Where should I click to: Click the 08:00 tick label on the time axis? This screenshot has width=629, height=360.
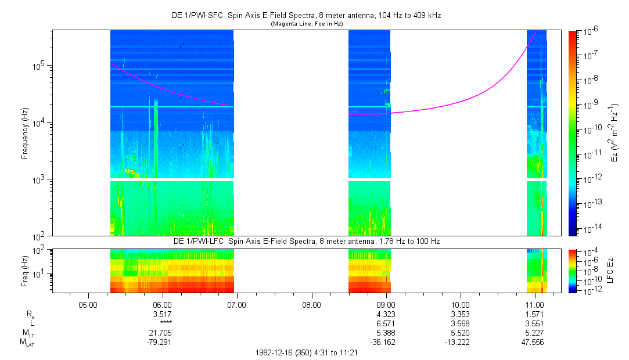coord(311,304)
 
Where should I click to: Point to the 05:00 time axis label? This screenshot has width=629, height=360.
coord(88,304)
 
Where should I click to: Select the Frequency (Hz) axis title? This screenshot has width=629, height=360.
coord(25,133)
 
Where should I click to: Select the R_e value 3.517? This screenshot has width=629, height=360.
coord(162,314)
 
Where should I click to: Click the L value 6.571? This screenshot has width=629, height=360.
coord(386,323)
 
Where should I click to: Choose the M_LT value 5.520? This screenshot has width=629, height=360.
coord(460,333)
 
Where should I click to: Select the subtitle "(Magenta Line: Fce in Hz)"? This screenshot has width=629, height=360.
coord(307,24)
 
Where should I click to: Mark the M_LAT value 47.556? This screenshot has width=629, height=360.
coord(534,342)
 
